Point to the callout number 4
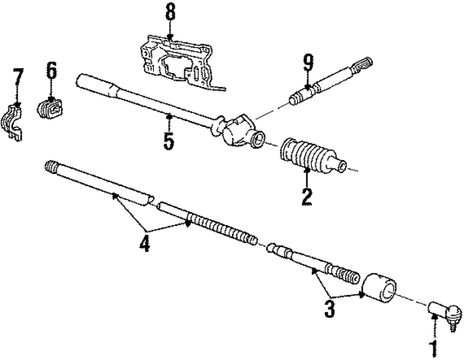144,244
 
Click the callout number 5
169,139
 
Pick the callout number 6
51,72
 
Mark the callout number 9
308,64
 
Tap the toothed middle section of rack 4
217,225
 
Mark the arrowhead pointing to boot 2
307,172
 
